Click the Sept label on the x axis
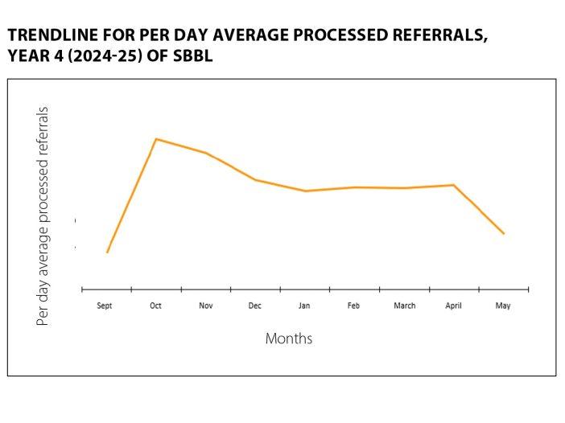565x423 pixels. (105, 306)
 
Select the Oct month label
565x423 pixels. (155, 306)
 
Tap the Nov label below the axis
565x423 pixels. (205, 306)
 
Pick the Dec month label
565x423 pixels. (255, 306)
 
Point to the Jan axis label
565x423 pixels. (304, 306)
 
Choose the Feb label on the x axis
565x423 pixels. (353, 306)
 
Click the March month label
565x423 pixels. (404, 306)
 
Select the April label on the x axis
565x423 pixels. (454, 306)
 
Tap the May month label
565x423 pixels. (503, 306)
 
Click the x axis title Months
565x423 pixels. (289, 339)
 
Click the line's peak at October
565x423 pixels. (155, 139)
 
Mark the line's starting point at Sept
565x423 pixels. (107, 253)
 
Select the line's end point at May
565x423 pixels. (504, 233)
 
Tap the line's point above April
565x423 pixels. (454, 185)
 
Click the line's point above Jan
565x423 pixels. (305, 191)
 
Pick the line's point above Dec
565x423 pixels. (255, 179)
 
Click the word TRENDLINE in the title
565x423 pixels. (49, 37)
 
